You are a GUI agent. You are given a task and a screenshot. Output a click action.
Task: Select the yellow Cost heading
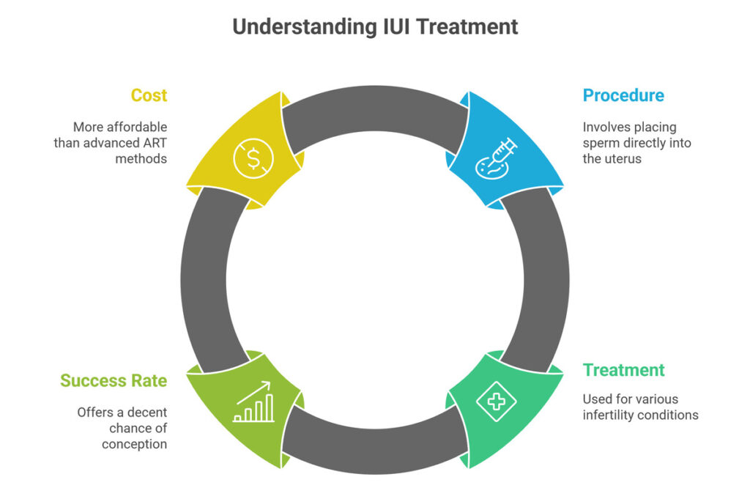coord(149,95)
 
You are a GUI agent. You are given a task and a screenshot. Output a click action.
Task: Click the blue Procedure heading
coord(623,95)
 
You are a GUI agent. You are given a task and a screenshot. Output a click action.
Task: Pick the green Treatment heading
coord(624,370)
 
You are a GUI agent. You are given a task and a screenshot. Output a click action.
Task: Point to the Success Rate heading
coord(114,381)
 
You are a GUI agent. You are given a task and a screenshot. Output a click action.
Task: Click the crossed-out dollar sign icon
coord(253,157)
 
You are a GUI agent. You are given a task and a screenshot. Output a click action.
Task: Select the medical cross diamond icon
coord(497,402)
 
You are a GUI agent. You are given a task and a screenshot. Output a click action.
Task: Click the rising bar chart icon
coord(253,402)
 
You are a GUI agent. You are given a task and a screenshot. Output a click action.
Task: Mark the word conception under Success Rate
coord(134,444)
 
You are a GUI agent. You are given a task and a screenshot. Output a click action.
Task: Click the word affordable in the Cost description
coord(139,127)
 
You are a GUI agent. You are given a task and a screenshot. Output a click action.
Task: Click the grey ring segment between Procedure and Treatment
coord(545,279)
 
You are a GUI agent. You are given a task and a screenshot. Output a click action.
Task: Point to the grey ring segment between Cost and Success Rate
coord(204,279)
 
